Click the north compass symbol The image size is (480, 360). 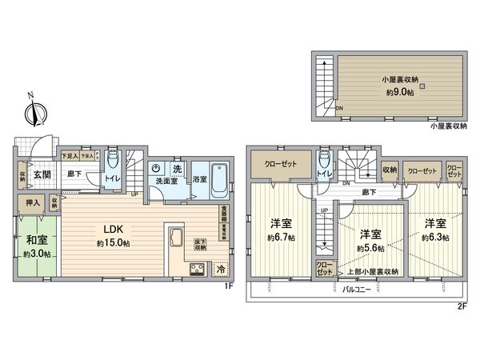point(34,114)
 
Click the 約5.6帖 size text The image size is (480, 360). point(369,247)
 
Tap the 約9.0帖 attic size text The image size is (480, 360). point(397,93)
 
